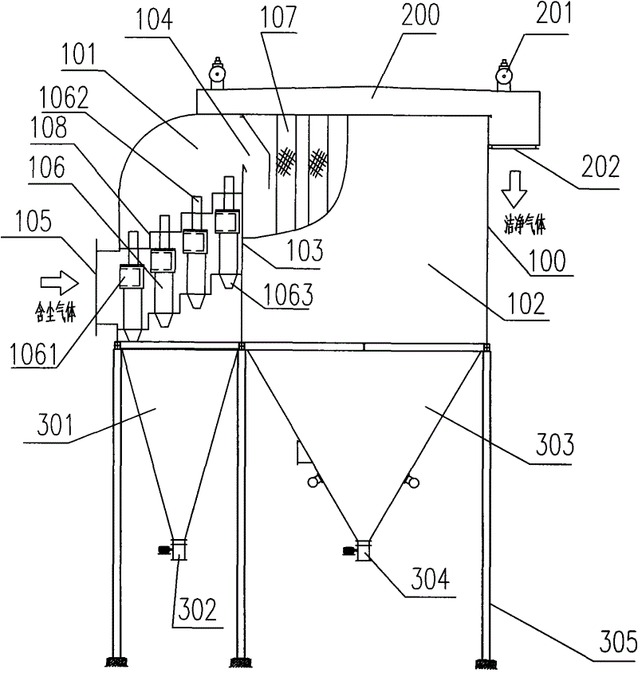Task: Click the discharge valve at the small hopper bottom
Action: click(x=177, y=549)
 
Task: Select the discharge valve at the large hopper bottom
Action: click(x=362, y=549)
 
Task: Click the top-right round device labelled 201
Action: click(x=505, y=75)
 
